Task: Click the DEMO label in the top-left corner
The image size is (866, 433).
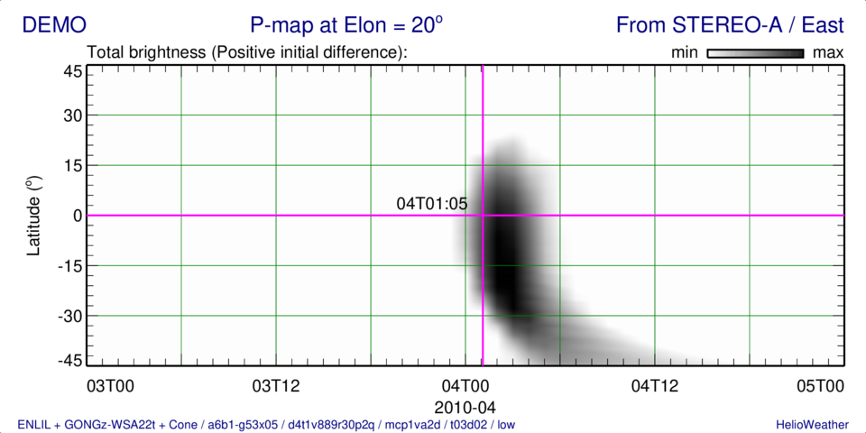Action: (55, 25)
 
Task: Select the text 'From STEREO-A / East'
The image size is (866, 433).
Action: (729, 25)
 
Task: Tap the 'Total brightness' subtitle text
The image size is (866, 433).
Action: (248, 53)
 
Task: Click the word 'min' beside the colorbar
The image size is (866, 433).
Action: (685, 53)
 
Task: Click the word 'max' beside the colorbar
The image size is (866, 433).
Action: (828, 53)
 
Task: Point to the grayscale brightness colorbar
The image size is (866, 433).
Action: (756, 53)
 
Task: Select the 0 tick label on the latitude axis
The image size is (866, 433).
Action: (78, 216)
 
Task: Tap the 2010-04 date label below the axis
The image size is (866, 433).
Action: (465, 407)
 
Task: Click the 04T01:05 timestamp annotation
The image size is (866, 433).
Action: (432, 204)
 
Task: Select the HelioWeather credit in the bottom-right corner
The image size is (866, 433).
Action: (810, 424)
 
